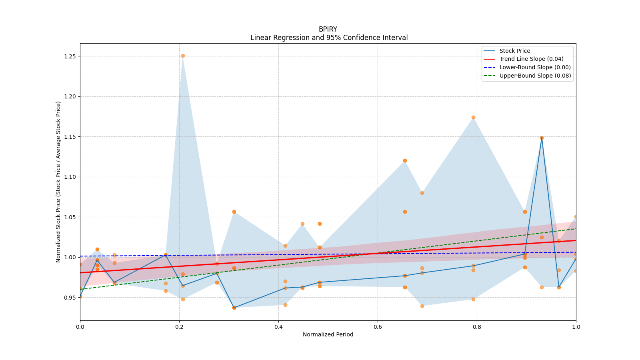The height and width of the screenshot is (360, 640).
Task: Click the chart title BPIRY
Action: pyautogui.click(x=328, y=29)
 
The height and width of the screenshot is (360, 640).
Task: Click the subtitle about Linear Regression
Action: pyautogui.click(x=329, y=38)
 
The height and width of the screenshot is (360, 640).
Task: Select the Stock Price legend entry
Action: pyautogui.click(x=514, y=51)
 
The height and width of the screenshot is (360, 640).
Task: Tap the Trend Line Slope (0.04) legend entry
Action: pyautogui.click(x=531, y=59)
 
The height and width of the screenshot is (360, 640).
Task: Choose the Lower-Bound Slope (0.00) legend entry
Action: pyautogui.click(x=535, y=68)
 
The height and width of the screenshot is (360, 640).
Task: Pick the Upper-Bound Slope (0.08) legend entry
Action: pyautogui.click(x=535, y=76)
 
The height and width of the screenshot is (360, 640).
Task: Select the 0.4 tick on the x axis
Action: pyautogui.click(x=278, y=327)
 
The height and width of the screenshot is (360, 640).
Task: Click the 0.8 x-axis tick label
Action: pyautogui.click(x=477, y=327)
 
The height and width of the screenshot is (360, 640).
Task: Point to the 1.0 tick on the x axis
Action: pyautogui.click(x=576, y=327)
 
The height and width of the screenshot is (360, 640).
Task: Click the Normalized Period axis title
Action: pyautogui.click(x=328, y=334)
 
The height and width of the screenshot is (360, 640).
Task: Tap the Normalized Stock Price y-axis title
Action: pyautogui.click(x=58, y=182)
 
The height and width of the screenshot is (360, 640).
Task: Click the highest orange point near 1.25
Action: pyautogui.click(x=183, y=56)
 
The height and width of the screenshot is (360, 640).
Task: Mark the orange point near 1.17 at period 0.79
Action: pyautogui.click(x=473, y=118)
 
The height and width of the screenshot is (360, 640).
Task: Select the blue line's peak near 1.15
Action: pyautogui.click(x=542, y=138)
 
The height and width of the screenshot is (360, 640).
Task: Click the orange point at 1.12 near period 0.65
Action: pyautogui.click(x=405, y=160)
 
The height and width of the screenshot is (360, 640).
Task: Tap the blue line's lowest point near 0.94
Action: pyautogui.click(x=234, y=308)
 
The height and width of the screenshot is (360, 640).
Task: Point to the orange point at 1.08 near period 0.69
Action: pyautogui.click(x=422, y=193)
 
